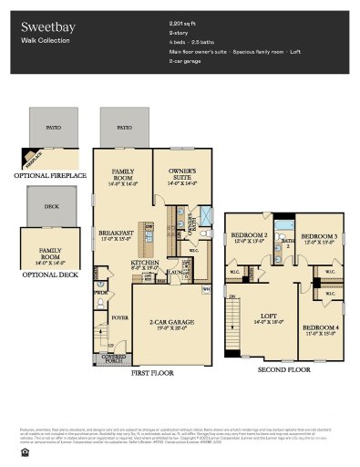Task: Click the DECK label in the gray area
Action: pos(51,207)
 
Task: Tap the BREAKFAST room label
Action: pos(117,234)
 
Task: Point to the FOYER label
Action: pos(120,318)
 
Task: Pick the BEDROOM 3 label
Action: pos(320,236)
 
